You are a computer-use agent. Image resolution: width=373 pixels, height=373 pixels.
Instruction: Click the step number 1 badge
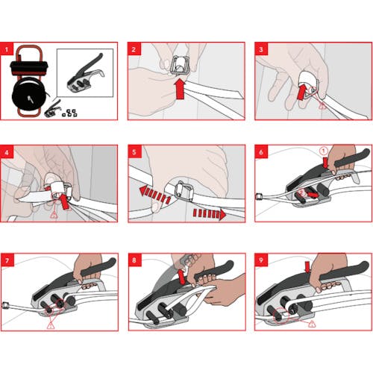click(x=7, y=48)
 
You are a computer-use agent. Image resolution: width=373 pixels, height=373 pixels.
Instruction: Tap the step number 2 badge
click(x=134, y=48)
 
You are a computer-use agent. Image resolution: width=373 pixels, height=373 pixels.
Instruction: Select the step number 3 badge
click(x=261, y=48)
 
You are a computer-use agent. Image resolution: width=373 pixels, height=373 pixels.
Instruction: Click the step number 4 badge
click(x=7, y=151)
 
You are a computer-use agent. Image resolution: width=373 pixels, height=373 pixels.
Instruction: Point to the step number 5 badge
click(x=134, y=151)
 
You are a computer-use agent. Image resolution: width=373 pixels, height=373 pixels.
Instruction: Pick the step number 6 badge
click(x=261, y=151)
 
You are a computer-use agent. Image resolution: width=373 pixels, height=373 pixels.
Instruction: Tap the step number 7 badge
click(x=7, y=260)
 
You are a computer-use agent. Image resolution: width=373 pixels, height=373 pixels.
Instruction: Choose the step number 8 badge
click(x=135, y=260)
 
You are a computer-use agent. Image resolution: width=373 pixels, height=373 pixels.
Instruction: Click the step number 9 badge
click(x=261, y=260)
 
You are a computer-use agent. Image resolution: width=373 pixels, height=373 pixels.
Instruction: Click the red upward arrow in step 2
click(x=180, y=89)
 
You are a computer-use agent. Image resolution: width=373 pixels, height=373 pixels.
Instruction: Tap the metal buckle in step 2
click(x=180, y=65)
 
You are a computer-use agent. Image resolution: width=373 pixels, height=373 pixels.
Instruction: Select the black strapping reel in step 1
click(x=29, y=93)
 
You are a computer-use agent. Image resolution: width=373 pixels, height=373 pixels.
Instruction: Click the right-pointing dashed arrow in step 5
click(x=210, y=214)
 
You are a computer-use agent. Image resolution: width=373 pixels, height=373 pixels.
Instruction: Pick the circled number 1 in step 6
click(x=324, y=151)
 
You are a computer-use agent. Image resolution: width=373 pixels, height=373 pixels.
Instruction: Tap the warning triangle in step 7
click(x=51, y=325)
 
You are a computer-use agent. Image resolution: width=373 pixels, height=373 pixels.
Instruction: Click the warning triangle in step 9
click(x=312, y=324)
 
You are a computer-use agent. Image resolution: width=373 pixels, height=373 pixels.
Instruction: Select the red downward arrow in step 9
click(x=307, y=267)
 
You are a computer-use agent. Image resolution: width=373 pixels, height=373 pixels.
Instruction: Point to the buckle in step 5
click(x=184, y=192)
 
